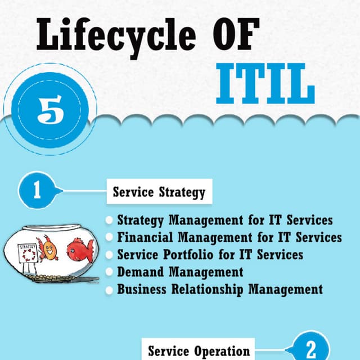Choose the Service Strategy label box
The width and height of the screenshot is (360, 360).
tap(159, 192)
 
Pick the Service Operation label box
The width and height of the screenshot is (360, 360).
tap(199, 350)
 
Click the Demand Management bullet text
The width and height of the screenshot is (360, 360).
tap(180, 272)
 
